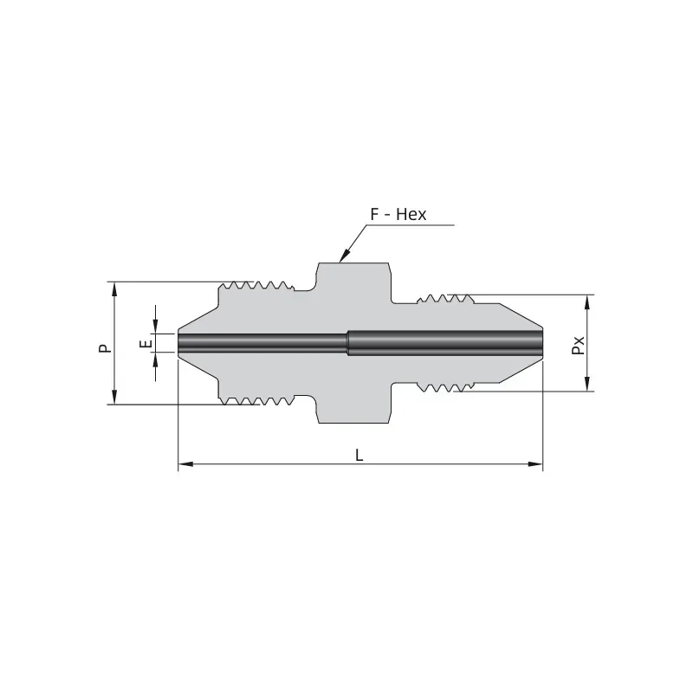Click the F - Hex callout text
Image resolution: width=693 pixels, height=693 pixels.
tap(398, 214)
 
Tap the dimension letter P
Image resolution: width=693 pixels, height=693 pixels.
tap(105, 348)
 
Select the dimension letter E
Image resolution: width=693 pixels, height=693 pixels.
tap(146, 343)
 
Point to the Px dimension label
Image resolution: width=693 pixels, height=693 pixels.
tap(578, 345)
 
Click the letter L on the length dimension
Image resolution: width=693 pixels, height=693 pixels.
tap(359, 455)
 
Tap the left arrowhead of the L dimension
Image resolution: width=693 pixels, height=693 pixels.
tap(185, 464)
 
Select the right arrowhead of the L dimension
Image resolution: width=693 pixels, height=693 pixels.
tap(535, 464)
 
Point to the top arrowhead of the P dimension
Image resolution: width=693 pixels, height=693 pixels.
tap(114, 289)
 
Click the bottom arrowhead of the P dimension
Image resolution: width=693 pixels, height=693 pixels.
tap(114, 397)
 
